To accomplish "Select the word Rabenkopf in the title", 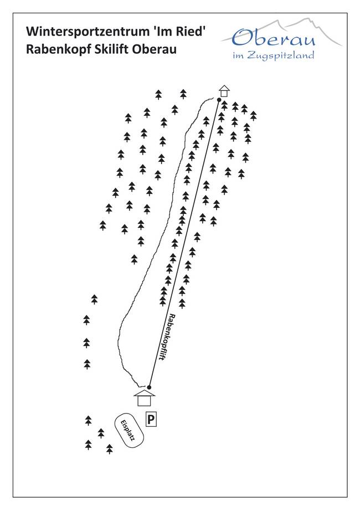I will coord(55,49).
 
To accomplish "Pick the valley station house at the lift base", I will coord(145,399).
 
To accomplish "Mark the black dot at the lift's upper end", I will coord(219,100).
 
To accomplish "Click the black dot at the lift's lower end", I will coord(149,386).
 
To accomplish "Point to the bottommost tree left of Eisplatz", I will coord(109,448).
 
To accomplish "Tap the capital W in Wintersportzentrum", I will coord(32,31).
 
